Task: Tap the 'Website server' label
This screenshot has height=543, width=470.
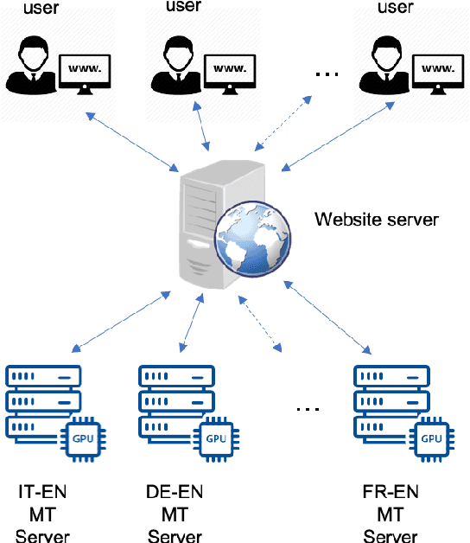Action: (377, 219)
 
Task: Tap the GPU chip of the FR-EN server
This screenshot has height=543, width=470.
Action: (431, 438)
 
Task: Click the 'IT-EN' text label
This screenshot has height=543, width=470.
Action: (42, 494)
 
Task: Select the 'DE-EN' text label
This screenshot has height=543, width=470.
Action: (175, 494)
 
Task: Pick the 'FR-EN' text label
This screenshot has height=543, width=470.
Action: (391, 494)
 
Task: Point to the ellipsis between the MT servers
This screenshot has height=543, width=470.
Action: (308, 406)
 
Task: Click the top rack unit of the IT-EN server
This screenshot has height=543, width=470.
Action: (42, 377)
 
